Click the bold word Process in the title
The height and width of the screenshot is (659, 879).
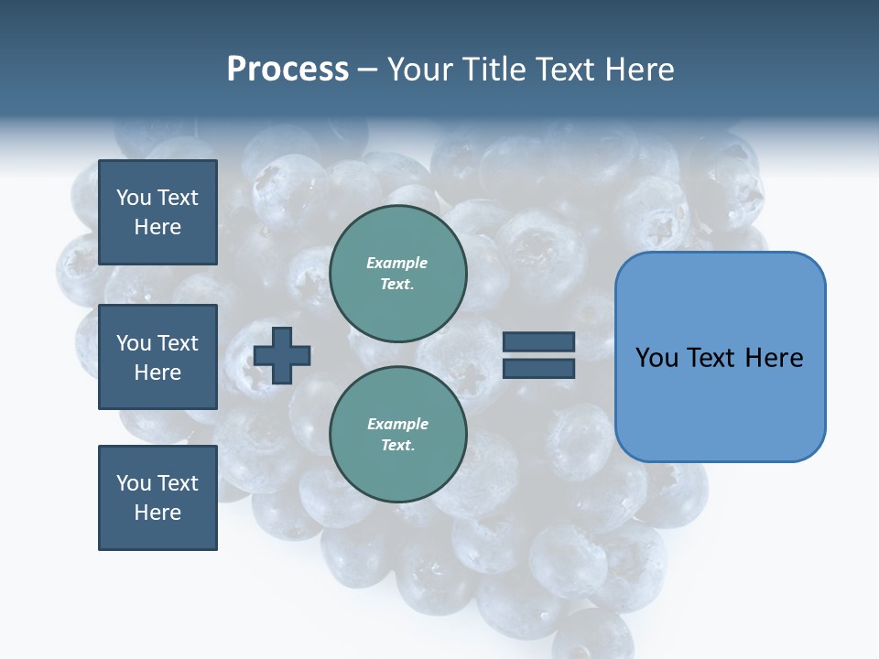pos(288,70)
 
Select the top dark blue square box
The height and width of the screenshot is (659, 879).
pos(157,212)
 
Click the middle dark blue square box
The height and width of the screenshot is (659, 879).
pos(157,357)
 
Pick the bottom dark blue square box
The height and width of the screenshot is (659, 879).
pos(157,497)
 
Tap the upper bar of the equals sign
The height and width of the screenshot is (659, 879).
pos(539,341)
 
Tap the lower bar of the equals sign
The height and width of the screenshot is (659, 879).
pos(539,368)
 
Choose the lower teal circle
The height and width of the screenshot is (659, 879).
pos(397,434)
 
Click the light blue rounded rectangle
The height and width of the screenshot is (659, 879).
pos(720,356)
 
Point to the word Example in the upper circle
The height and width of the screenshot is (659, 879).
pos(396,263)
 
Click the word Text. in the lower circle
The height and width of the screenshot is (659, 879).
pos(397,446)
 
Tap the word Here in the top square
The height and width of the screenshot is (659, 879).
pos(157,227)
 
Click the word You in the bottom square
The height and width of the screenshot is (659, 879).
pos(134,483)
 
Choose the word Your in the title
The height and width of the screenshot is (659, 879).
pos(423,70)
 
